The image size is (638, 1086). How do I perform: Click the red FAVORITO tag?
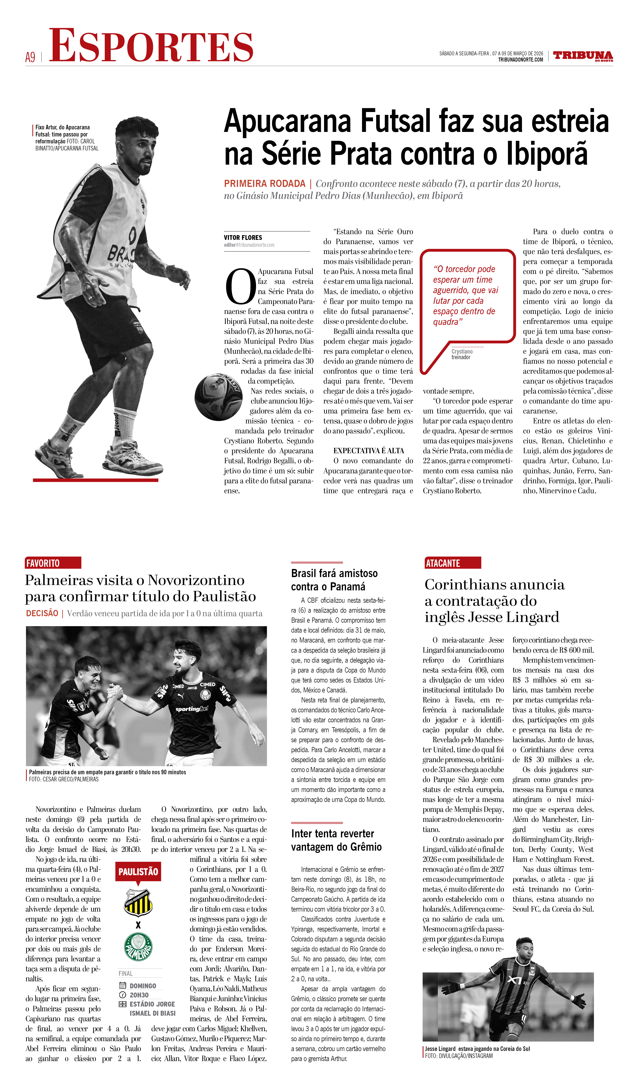coord(53,563)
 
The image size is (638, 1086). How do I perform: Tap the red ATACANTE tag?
coord(453,563)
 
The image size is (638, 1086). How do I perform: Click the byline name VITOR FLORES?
coord(243,238)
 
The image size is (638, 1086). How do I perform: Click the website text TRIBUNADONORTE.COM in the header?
coord(520,60)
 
